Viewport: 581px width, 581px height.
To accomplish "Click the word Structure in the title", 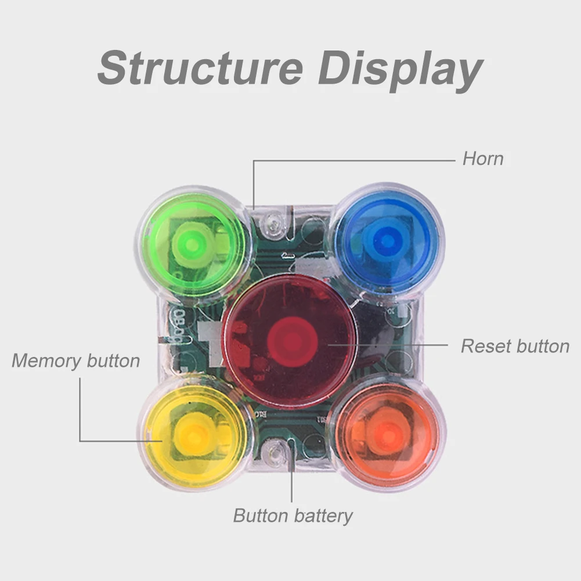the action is coord(200,68).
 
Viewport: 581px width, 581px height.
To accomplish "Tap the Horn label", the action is coord(482,158).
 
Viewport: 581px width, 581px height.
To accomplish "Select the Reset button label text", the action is coord(515,347).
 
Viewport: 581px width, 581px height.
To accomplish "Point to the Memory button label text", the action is coord(75,360).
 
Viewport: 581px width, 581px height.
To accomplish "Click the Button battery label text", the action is coord(293,515).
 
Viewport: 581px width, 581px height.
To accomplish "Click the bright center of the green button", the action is coord(193,244).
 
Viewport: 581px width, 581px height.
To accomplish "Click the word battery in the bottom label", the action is coord(323,515).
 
